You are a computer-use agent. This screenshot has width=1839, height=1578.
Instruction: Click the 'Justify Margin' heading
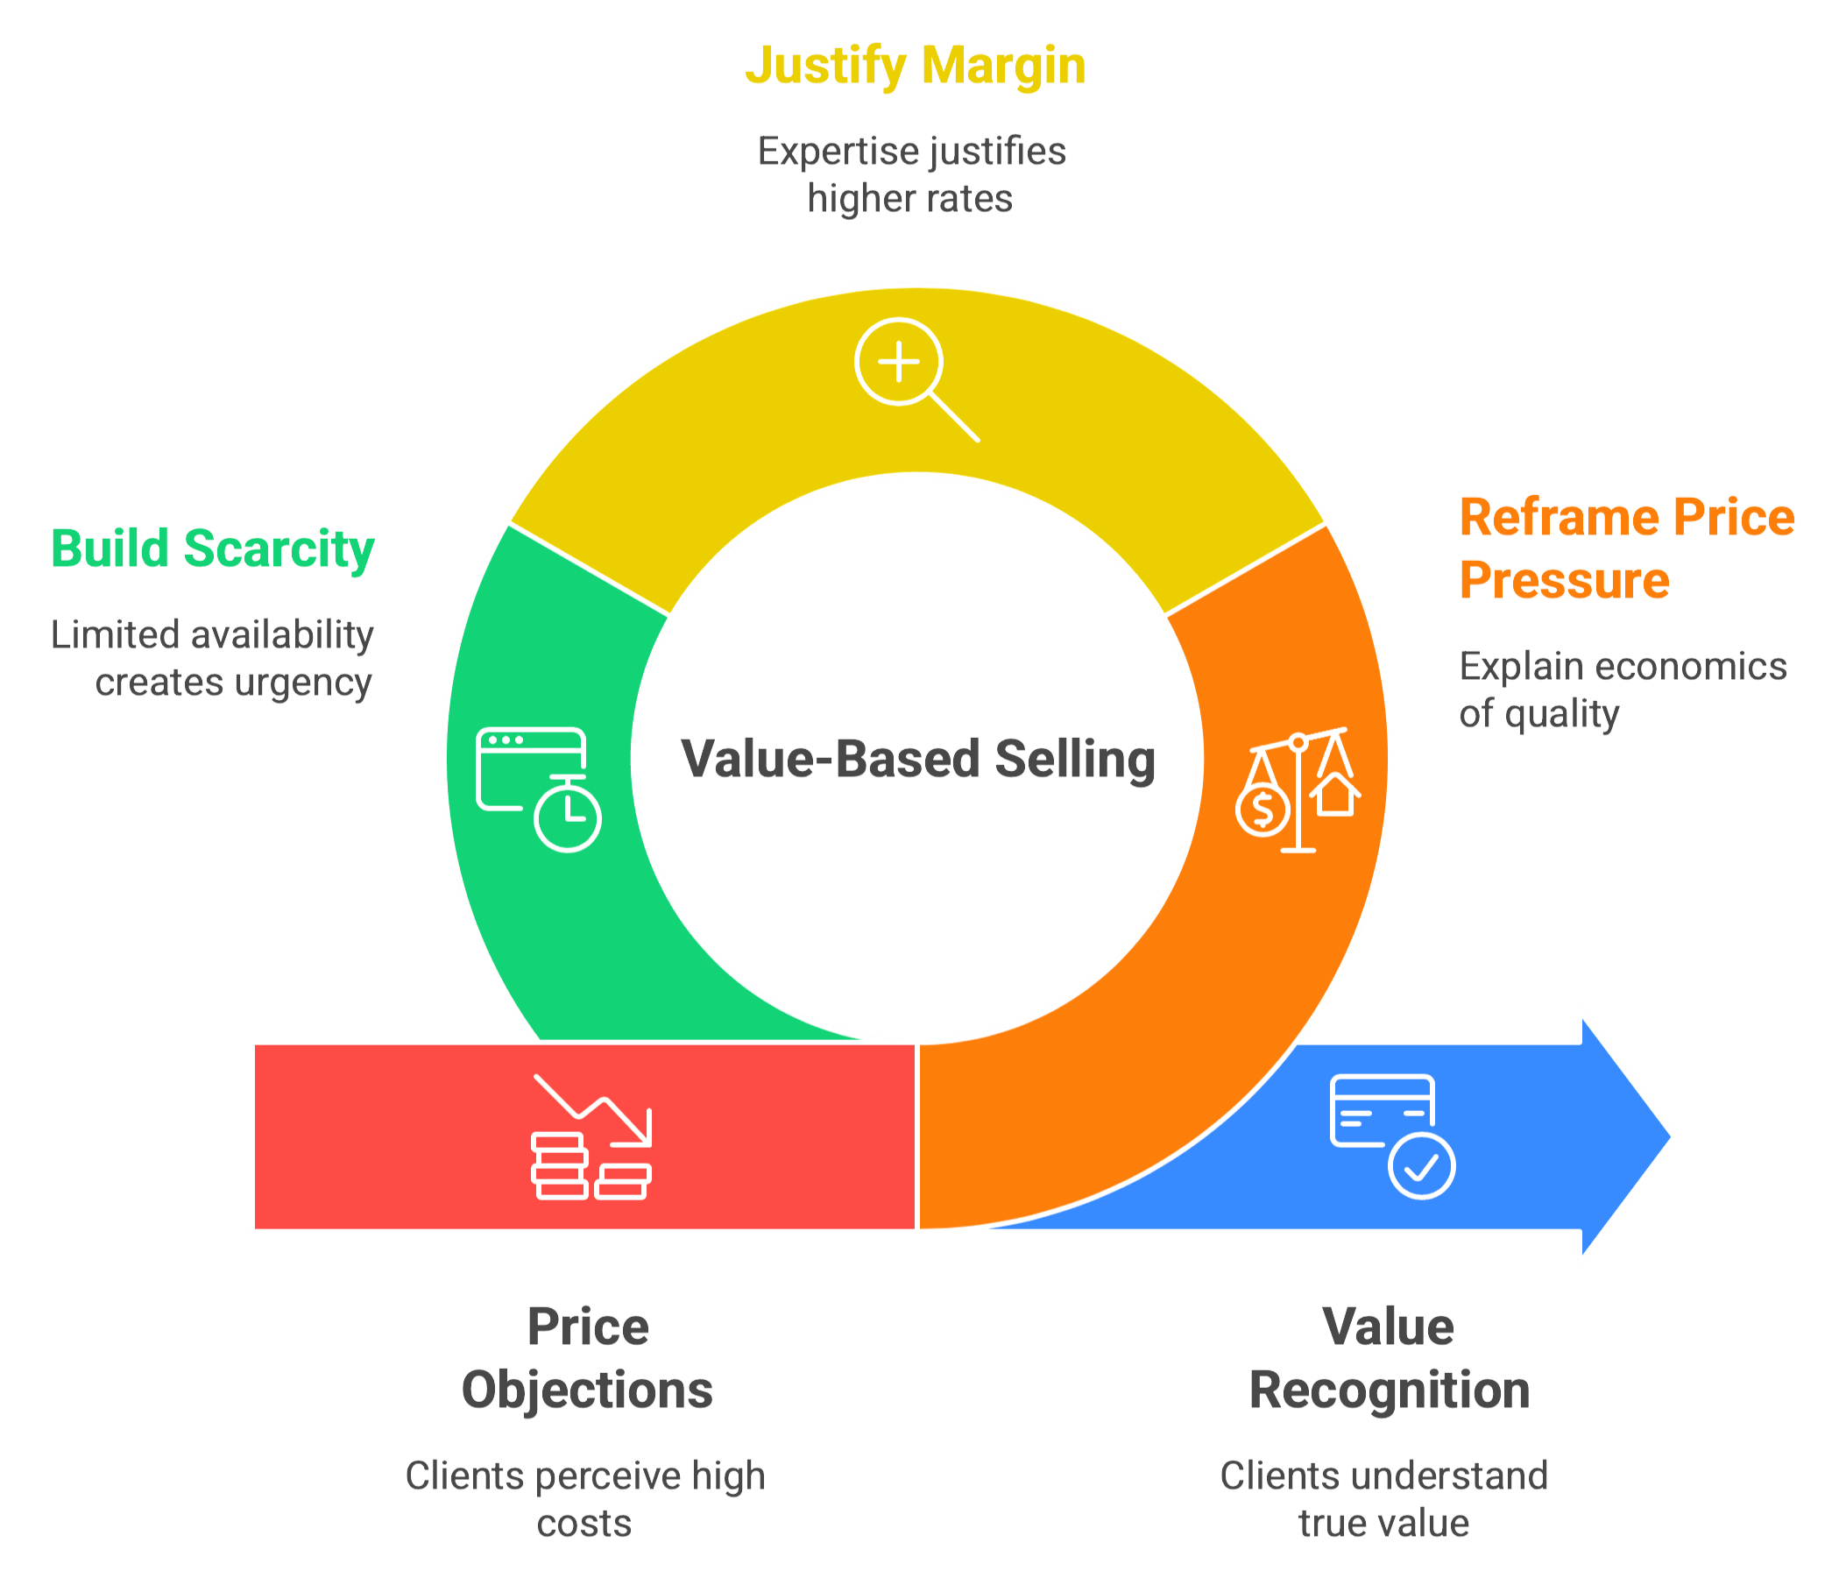(x=915, y=67)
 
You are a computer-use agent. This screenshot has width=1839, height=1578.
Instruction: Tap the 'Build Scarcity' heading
(x=213, y=548)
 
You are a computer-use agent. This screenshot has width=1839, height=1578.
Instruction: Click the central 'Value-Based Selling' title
(x=918, y=760)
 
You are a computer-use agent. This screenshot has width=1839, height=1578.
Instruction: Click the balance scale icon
(x=1298, y=790)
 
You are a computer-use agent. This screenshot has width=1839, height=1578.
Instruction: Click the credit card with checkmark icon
(x=1391, y=1136)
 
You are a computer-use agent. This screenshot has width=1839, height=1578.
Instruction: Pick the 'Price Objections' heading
(x=588, y=1358)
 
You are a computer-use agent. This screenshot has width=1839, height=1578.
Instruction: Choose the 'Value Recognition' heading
(x=1389, y=1358)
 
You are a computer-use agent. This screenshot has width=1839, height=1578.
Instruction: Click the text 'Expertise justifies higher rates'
(x=911, y=175)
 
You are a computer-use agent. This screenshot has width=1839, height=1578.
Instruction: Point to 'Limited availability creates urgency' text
(x=213, y=659)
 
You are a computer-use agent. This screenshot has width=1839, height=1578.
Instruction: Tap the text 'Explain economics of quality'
(x=1623, y=690)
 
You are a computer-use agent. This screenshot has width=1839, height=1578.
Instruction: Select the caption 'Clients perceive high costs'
(x=586, y=1499)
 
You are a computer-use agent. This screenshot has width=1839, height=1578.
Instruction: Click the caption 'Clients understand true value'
(x=1383, y=1499)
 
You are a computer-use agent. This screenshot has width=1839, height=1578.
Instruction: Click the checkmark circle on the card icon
(x=1422, y=1166)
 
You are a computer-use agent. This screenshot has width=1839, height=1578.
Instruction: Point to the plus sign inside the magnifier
(x=898, y=362)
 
